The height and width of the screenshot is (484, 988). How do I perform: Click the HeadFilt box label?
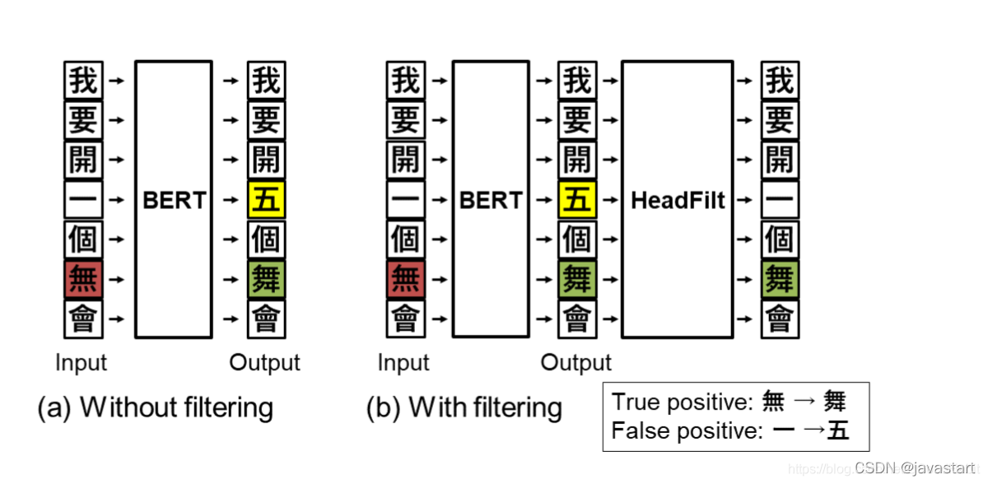pos(678,200)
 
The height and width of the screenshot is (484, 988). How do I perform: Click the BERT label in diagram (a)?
pos(173,200)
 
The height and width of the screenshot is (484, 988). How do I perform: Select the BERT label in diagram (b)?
pos(491,200)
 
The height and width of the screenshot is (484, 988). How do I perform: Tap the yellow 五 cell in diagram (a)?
pos(266,200)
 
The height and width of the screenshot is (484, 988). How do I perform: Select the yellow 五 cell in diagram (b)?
pos(577,200)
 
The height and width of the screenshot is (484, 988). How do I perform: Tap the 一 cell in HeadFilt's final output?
pos(779,200)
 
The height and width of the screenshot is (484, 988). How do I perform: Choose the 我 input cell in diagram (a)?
pos(83,81)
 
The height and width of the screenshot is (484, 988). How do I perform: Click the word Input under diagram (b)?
pos(403,363)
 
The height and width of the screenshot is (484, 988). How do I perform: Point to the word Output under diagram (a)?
pos(264,363)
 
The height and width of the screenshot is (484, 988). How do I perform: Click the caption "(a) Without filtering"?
pos(155,407)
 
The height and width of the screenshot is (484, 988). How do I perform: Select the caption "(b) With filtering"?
pos(464,407)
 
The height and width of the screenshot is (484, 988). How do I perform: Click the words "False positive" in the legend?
pos(685,430)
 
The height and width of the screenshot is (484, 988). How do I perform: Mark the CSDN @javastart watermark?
pos(914,468)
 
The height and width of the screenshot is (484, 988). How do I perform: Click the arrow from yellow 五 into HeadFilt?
pos(609,200)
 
